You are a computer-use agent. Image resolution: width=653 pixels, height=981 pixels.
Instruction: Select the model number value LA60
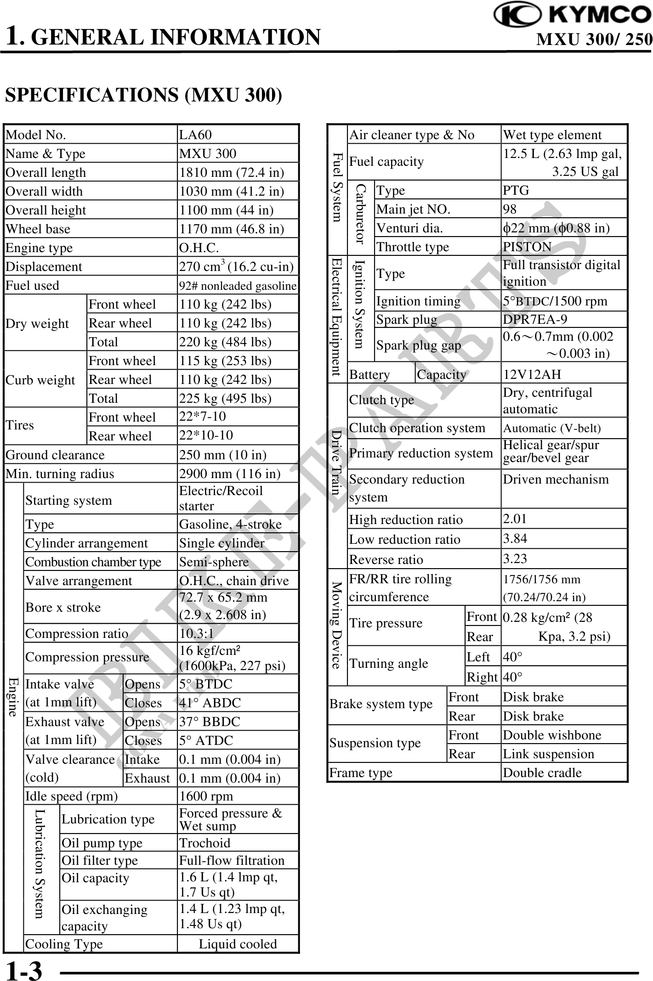196,135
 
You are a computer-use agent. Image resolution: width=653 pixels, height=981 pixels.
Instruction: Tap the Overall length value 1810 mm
231,172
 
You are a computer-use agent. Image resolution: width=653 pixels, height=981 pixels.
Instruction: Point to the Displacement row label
44,266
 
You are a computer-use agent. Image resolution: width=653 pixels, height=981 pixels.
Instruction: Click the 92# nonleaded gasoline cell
238,286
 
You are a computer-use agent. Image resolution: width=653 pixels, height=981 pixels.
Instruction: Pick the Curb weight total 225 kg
225,398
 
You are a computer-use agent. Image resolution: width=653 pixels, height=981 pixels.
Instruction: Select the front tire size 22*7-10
203,417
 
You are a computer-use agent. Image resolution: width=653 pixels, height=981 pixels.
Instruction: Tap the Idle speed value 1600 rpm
206,796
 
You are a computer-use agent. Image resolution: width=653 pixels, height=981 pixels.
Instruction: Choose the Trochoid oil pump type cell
204,843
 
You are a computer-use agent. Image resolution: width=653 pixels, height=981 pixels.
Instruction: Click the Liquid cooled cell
238,944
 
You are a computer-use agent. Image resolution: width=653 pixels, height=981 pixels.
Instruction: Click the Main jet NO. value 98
510,209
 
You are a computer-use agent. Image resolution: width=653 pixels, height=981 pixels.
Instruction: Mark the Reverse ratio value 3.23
515,558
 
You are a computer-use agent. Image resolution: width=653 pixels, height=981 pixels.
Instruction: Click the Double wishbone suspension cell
552,735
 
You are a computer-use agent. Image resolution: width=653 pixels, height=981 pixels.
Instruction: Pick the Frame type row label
361,772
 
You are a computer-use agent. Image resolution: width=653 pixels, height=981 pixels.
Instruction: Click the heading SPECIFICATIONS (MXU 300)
143,95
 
